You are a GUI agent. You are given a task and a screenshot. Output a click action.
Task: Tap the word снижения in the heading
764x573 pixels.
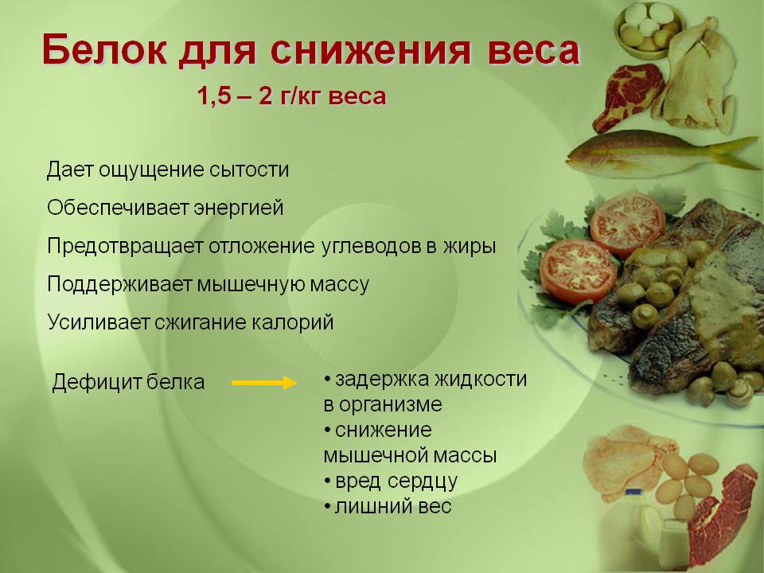370,49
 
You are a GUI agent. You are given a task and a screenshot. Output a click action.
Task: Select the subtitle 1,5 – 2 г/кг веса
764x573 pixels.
291,96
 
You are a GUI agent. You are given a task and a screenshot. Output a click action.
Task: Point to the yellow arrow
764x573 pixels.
264,383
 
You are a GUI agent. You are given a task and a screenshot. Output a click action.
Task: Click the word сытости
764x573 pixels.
249,170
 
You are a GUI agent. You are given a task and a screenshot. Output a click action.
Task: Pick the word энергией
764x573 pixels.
239,209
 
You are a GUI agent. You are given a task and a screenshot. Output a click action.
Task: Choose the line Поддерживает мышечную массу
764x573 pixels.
208,284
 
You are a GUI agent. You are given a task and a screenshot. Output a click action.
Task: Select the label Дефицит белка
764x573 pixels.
128,382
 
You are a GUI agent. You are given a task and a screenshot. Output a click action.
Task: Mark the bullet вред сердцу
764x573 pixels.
391,481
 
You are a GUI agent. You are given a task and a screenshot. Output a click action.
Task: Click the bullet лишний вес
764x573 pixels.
388,507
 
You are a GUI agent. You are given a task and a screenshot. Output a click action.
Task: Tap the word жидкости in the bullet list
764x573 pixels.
481,380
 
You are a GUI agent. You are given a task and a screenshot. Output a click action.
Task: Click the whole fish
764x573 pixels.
664,152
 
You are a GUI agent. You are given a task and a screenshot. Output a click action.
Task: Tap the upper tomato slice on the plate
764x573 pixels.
628,224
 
